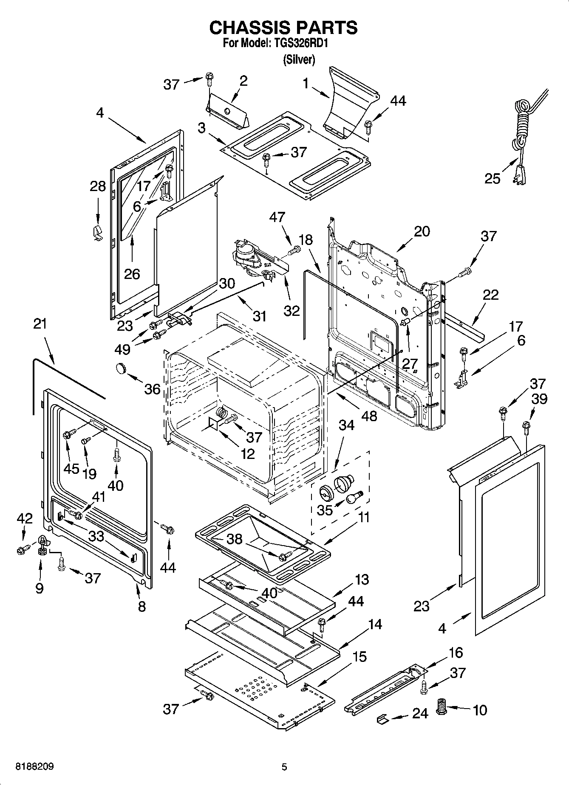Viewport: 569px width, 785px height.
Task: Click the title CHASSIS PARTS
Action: coord(283,28)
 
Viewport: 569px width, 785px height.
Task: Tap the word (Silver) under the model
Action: coord(299,60)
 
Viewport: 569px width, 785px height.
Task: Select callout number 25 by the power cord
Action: coord(493,178)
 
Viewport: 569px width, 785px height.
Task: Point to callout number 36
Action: coord(153,389)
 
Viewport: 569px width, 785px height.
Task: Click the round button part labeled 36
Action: coord(122,368)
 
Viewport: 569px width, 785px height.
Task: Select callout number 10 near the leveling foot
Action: coord(480,710)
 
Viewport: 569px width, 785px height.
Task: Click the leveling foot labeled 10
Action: coord(442,707)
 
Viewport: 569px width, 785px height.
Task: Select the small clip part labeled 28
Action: coord(97,232)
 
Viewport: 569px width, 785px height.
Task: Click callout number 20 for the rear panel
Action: coord(422,231)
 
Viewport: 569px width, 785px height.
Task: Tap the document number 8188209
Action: coord(34,767)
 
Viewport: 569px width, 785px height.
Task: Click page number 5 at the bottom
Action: coord(284,767)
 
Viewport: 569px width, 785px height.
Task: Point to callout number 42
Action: coord(24,518)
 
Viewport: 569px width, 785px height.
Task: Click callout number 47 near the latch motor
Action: coord(277,217)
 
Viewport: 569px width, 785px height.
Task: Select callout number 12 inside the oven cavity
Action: coord(248,453)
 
